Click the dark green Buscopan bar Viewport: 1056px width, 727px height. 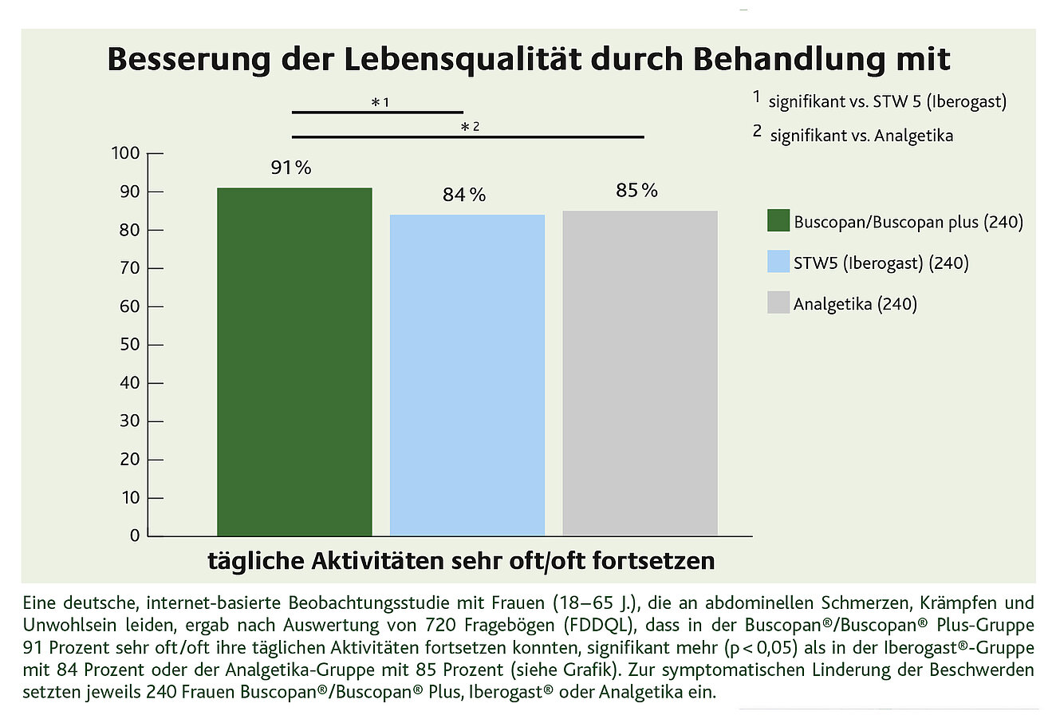(294, 362)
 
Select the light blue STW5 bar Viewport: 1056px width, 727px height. (467, 375)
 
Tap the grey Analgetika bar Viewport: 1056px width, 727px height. (640, 373)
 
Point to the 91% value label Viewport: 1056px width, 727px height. (291, 168)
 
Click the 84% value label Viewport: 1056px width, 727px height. (464, 196)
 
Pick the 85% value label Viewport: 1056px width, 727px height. (636, 191)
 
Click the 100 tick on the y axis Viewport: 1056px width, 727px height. (125, 153)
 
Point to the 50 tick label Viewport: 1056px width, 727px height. (129, 345)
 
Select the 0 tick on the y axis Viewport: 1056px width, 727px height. (135, 535)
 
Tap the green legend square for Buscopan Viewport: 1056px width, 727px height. (778, 221)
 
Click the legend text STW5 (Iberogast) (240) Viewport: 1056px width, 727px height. (881, 263)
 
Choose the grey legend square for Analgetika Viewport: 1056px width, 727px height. (778, 303)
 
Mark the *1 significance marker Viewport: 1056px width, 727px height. (380, 102)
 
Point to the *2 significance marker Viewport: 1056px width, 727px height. (470, 126)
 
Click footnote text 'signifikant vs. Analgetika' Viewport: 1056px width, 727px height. (861, 136)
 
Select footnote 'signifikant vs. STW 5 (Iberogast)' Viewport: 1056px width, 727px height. (887, 102)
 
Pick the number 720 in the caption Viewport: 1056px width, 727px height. (470, 624)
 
